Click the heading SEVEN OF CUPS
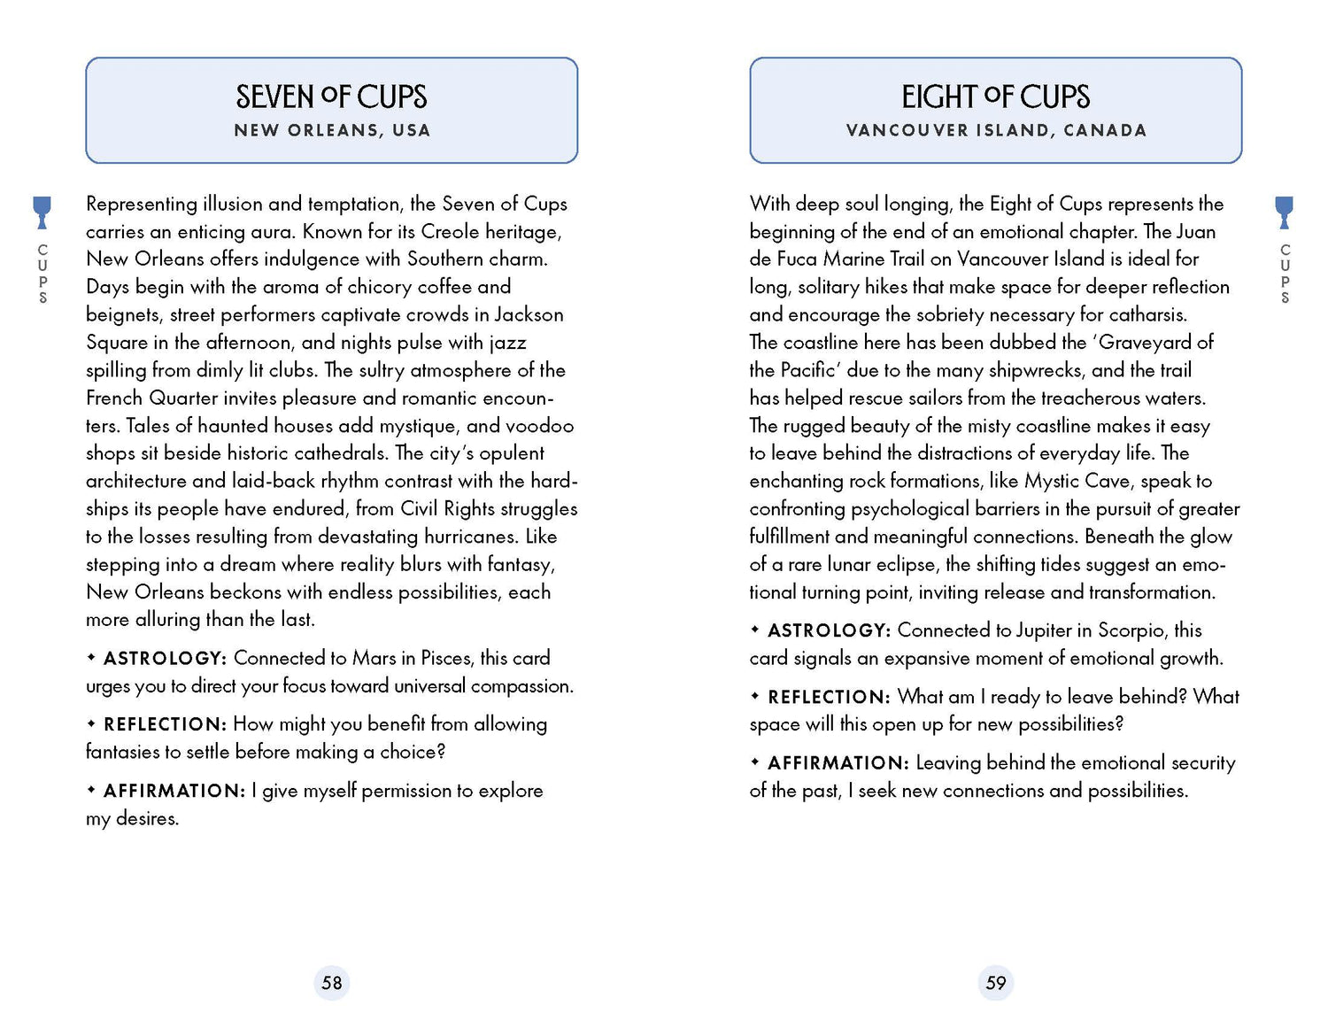(331, 97)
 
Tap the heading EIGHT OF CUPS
(995, 97)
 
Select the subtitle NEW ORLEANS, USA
(332, 130)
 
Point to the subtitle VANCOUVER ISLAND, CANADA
(996, 130)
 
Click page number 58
(332, 983)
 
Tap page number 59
(996, 983)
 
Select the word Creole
(452, 232)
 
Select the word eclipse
(907, 565)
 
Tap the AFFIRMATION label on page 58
(174, 791)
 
